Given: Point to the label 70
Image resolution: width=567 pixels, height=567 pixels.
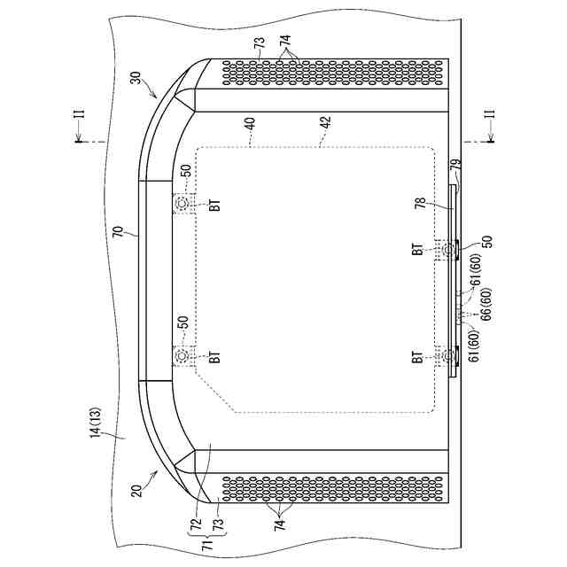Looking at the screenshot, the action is [x=119, y=236].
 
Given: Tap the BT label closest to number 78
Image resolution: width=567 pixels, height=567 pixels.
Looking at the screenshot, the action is [x=416, y=250].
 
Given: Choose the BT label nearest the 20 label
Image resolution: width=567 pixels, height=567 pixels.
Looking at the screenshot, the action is [x=214, y=358].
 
